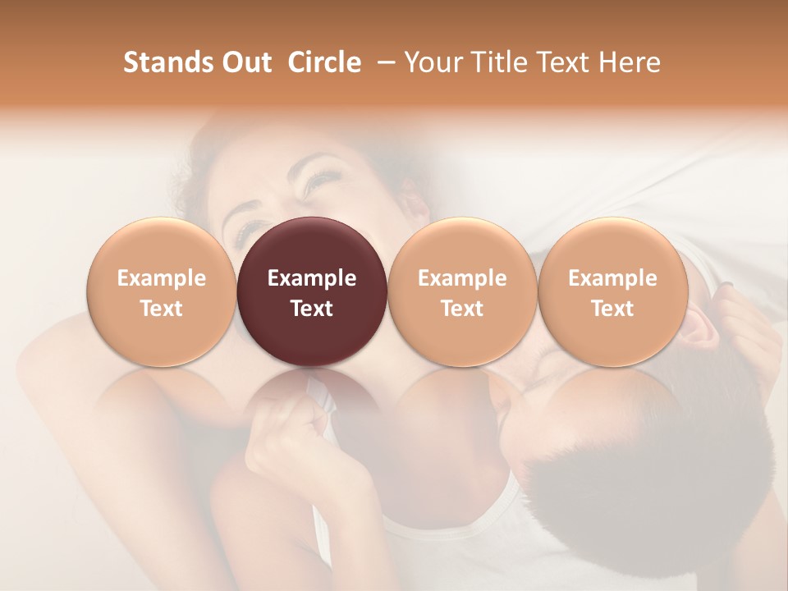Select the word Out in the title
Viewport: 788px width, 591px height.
(245, 62)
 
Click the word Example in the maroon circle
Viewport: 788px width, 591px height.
(312, 278)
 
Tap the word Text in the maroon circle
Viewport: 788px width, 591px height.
(312, 309)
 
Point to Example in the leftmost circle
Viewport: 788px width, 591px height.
(161, 278)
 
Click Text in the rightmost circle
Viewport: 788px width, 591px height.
(612, 309)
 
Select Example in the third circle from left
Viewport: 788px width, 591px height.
(462, 278)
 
